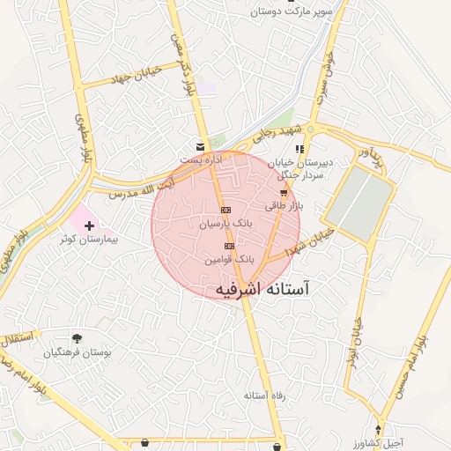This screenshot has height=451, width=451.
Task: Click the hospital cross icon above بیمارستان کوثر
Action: click(89, 226)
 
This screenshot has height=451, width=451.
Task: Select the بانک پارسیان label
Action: click(226, 225)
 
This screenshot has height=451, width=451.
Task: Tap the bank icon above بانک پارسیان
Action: click(226, 210)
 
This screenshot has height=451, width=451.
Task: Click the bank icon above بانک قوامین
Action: click(229, 246)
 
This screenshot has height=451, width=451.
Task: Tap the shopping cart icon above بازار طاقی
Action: click(284, 192)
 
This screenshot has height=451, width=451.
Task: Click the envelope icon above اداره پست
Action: click(201, 145)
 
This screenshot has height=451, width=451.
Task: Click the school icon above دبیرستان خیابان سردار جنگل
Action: click(299, 149)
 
